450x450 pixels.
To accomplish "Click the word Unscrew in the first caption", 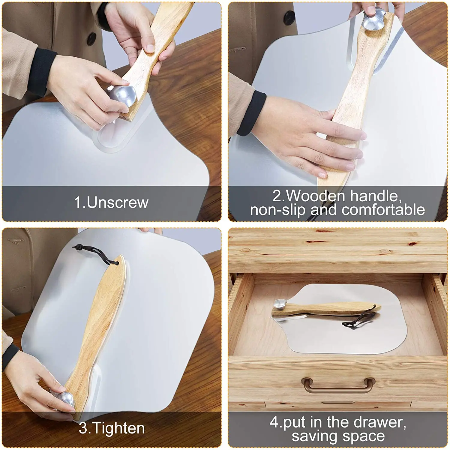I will [x=118, y=203].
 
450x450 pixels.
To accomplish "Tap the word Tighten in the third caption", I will [x=119, y=428].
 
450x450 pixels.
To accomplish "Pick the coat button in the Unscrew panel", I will [x=91, y=38].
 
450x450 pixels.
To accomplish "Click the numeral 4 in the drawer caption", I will [x=274, y=422].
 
